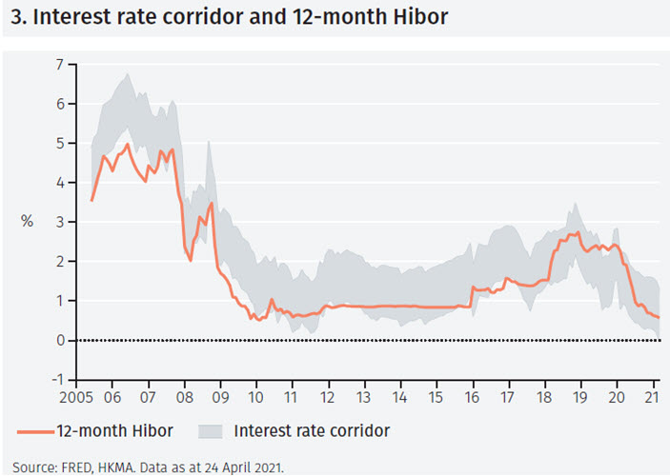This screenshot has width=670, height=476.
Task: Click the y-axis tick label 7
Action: pos(58,64)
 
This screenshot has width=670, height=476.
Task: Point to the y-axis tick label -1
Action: pos(56,380)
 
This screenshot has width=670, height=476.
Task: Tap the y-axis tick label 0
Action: pos(58,340)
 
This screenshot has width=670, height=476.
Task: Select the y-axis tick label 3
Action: pos(58,222)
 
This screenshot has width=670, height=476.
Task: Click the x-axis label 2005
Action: pos(73,397)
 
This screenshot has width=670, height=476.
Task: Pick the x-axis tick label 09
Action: pos(221,397)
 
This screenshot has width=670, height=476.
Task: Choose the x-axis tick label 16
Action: pos(473,397)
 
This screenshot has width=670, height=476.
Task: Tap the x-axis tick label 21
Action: pos(653,397)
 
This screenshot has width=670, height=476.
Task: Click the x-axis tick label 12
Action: pos(329,397)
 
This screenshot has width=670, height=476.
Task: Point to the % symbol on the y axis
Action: pos(27,222)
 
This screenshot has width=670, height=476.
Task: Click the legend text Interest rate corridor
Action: pos(312,431)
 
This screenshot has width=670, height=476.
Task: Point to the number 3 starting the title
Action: pos(12,17)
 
